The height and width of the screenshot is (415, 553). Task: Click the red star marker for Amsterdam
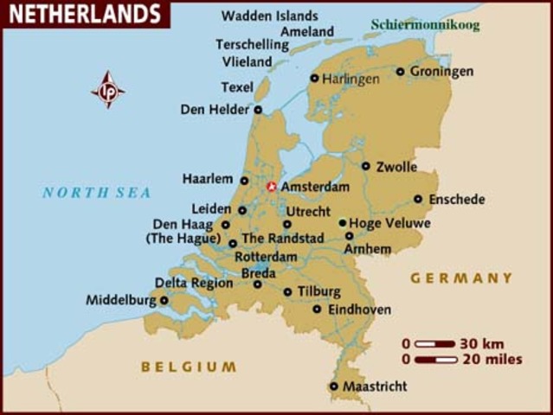tap(271, 186)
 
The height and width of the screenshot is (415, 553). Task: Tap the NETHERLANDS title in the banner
tap(85, 14)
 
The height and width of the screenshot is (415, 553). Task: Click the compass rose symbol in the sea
tap(108, 89)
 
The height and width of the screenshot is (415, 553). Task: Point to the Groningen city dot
tap(400, 72)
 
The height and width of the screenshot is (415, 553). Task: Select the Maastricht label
tap(375, 386)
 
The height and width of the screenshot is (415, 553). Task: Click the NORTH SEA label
tap(96, 193)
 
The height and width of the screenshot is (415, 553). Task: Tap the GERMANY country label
tap(461, 278)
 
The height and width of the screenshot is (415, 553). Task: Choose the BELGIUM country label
tap(189, 367)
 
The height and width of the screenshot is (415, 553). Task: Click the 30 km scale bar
tap(435, 343)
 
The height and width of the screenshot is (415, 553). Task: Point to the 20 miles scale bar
tap(435, 359)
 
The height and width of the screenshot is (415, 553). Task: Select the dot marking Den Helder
tap(258, 110)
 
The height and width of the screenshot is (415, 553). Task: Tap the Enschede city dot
tap(418, 199)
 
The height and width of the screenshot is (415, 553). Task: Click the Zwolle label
tap(396, 167)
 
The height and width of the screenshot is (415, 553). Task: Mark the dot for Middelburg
tap(164, 301)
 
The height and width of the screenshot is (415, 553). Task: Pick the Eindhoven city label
tap(359, 310)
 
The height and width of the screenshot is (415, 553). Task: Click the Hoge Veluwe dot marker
tap(343, 222)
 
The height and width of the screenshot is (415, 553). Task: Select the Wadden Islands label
tap(269, 16)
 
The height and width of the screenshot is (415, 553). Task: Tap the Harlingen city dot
tap(314, 78)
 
